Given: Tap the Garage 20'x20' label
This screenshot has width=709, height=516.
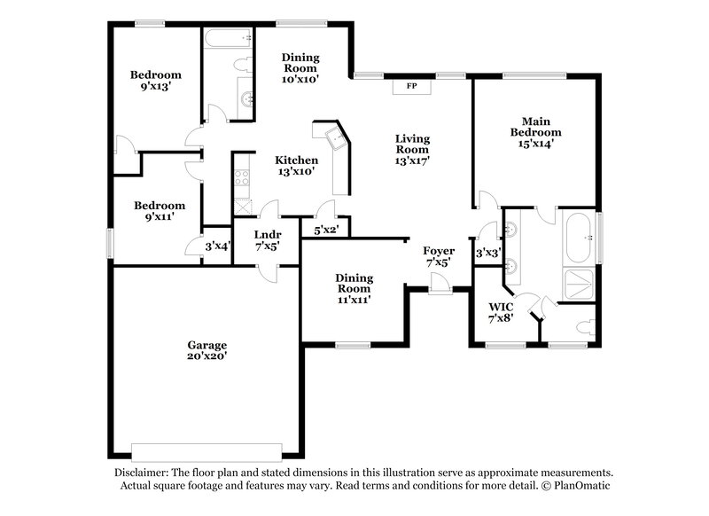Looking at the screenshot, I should [206, 350].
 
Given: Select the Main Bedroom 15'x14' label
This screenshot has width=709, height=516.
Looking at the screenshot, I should [532, 131].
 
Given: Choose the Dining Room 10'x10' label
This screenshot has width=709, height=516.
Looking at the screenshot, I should [300, 67].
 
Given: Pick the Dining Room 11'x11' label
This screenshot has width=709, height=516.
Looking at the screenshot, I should [353, 288].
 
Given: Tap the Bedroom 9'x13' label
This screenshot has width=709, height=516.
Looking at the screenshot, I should [156, 81].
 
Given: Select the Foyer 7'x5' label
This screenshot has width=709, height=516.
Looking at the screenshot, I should [439, 257].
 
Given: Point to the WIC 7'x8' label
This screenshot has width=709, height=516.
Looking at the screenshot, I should [501, 312].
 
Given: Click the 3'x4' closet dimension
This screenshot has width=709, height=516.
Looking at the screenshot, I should [217, 246].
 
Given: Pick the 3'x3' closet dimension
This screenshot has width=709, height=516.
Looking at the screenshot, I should [487, 253].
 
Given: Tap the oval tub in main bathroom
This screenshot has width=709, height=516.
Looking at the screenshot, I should [580, 237].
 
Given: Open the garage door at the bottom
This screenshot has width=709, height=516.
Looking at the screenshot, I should [206, 447].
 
